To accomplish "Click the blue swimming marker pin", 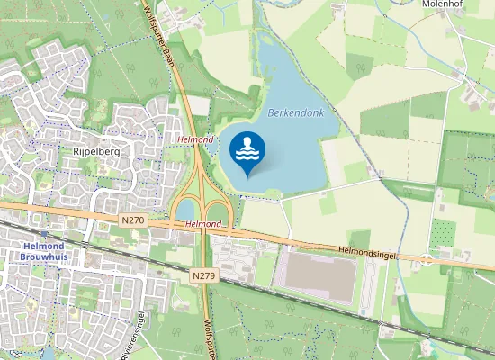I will click(x=247, y=150).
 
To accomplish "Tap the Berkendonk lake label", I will click(x=294, y=112).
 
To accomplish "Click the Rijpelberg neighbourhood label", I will click(x=95, y=152).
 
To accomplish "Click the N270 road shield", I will click(x=132, y=220).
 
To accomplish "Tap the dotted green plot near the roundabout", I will click(x=441, y=234).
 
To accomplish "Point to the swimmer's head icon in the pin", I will click(x=247, y=140).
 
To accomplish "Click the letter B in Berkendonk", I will click(x=271, y=113).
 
